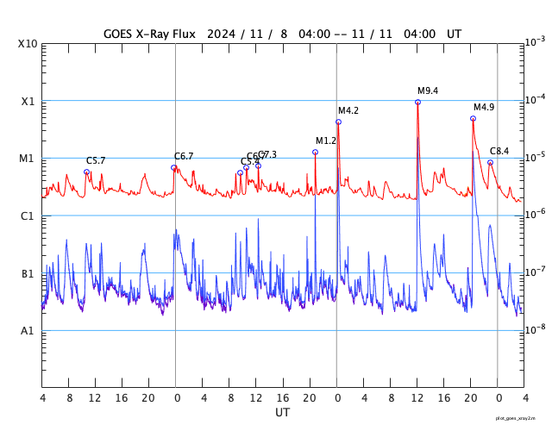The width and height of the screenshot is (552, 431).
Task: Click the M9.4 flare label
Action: click(x=428, y=91)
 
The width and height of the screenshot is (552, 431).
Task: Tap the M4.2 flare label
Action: click(x=348, y=110)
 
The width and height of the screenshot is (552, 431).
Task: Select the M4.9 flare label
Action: click(x=484, y=107)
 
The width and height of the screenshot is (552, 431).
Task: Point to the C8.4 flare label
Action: click(x=499, y=151)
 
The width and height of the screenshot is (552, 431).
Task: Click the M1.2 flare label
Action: click(x=326, y=141)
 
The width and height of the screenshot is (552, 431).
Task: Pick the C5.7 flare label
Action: click(x=96, y=160)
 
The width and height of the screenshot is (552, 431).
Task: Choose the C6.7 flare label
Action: click(x=184, y=156)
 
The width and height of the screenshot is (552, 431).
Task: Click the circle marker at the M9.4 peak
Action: click(x=417, y=102)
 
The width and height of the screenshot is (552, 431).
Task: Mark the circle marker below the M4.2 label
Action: click(x=338, y=122)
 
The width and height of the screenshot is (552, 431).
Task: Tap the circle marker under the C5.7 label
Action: click(x=86, y=172)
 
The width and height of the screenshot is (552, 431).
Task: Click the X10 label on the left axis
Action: click(x=28, y=44)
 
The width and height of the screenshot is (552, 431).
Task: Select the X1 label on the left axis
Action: click(x=28, y=101)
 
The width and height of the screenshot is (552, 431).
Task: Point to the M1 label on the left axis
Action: click(x=28, y=159)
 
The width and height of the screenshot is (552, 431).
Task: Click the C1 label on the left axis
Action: click(x=28, y=215)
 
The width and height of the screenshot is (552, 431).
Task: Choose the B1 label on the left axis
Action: click(x=28, y=273)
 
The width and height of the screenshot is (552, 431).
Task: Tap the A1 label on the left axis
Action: click(x=28, y=331)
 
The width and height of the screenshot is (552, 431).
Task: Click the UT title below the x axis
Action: click(x=283, y=413)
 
